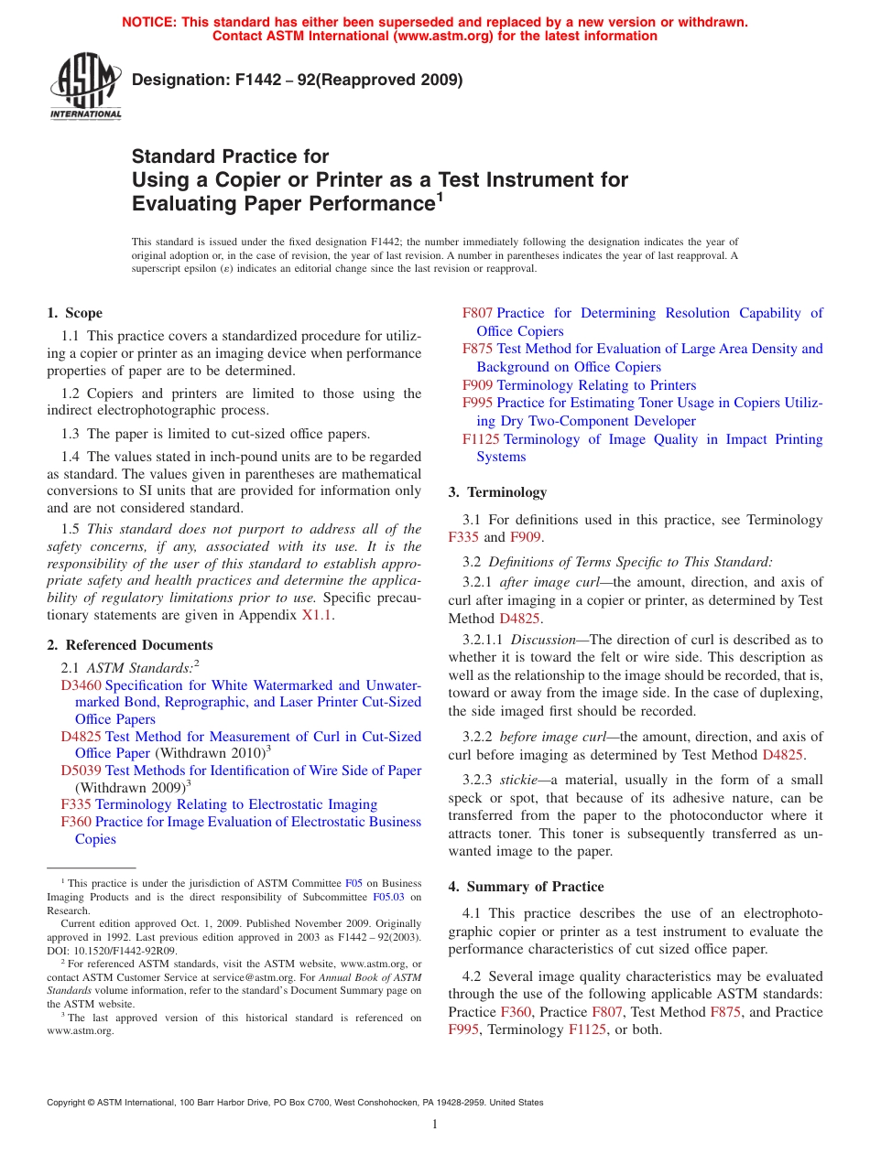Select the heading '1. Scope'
pyautogui.click(x=75, y=313)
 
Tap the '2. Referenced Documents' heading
pyautogui.click(x=130, y=645)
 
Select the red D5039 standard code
pyautogui.click(x=81, y=771)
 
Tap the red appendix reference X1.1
pyautogui.click(x=317, y=615)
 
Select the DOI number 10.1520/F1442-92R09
pyautogui.click(x=122, y=950)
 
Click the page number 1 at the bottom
pyautogui.click(x=435, y=1125)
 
